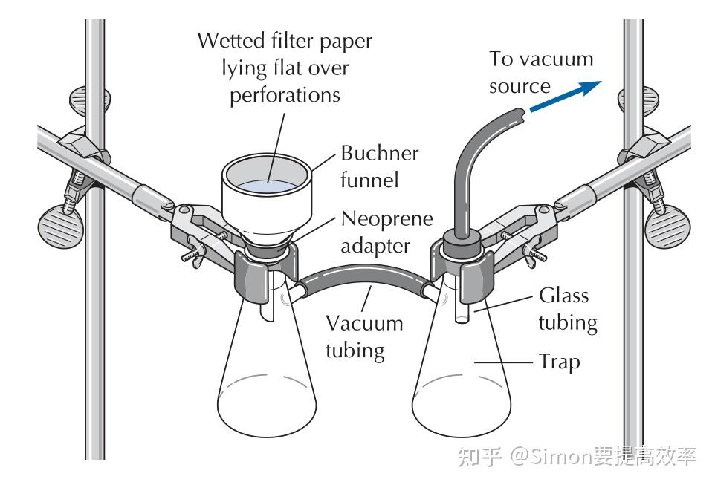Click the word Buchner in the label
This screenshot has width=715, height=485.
click(380, 154)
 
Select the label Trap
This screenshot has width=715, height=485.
click(558, 363)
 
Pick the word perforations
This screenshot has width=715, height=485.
click(285, 95)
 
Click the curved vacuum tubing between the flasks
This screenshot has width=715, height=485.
click(364, 278)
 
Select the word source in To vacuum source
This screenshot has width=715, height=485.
click(520, 86)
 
